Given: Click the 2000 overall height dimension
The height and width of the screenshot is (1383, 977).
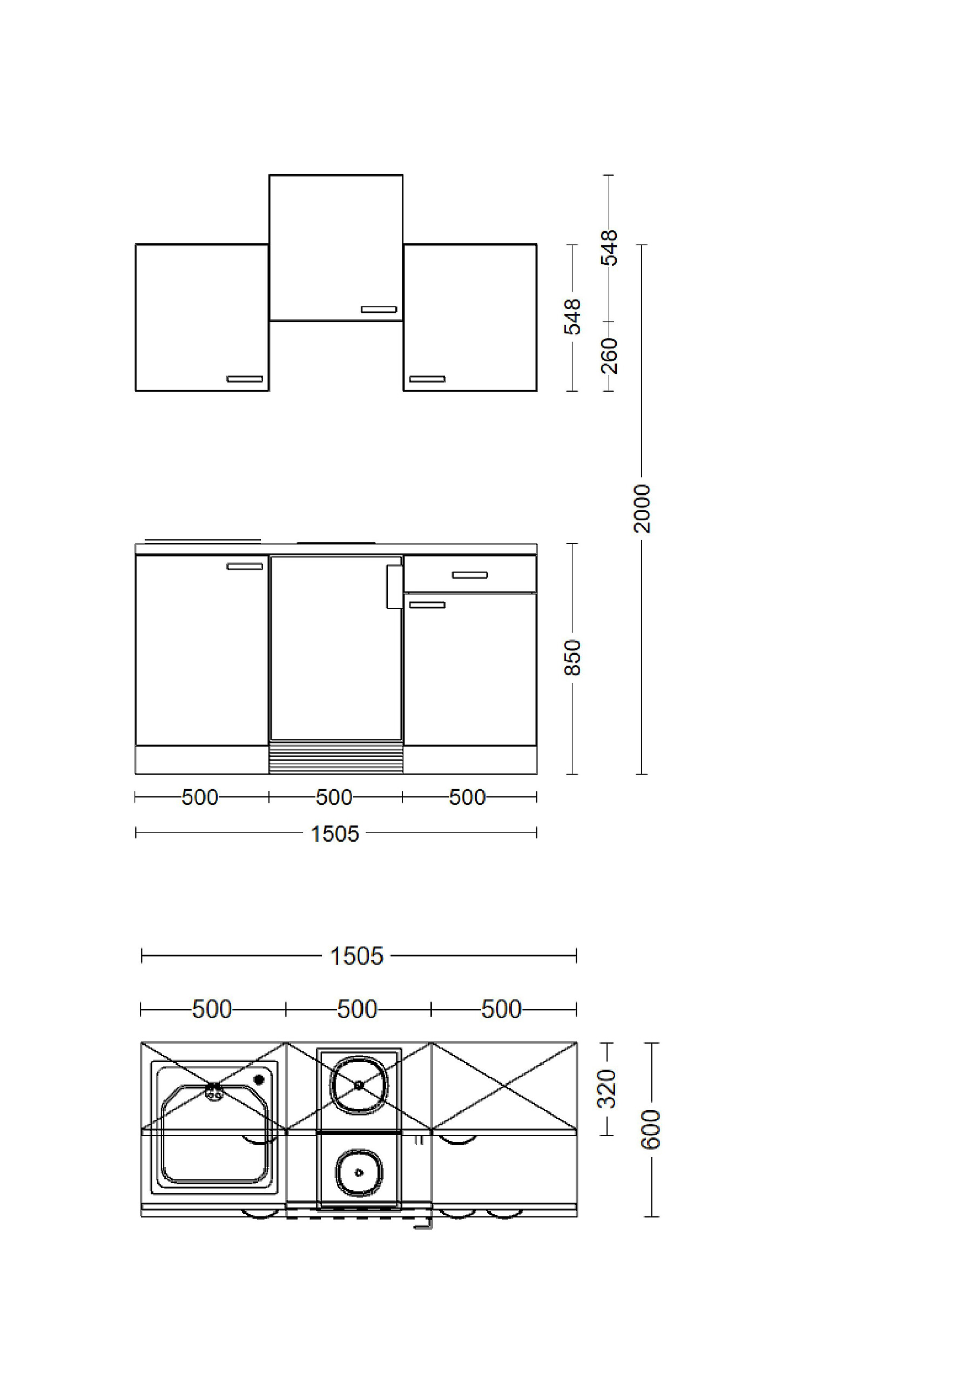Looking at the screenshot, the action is click(x=642, y=508).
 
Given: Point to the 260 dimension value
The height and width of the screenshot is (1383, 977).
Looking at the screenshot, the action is click(x=610, y=355).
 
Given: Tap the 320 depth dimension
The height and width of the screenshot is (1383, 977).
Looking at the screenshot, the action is click(x=607, y=1089).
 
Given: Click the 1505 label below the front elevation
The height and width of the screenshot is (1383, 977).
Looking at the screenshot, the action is click(x=335, y=834).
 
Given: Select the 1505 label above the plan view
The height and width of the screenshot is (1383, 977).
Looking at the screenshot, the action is click(x=356, y=956).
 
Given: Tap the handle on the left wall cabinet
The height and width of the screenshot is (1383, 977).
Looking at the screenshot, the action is click(x=245, y=379).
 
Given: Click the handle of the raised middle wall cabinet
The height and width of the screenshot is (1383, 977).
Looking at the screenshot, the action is click(x=379, y=310).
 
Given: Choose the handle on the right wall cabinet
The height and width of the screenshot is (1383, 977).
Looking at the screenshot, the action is click(x=428, y=379).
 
